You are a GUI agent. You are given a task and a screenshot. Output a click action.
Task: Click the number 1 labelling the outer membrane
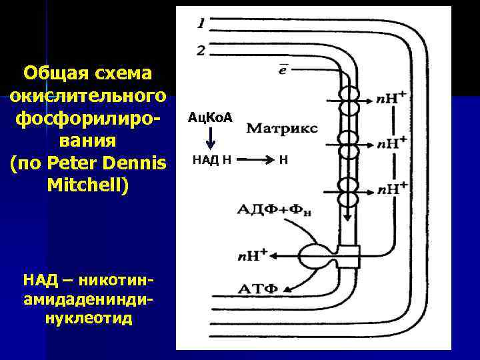pyautogui.click(x=201, y=25)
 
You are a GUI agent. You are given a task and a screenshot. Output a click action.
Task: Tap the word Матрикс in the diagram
pyautogui.click(x=282, y=127)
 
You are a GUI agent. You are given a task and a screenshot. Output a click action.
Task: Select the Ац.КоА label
pyautogui.click(x=210, y=117)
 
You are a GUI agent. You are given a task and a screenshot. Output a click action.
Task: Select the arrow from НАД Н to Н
pyautogui.click(x=253, y=160)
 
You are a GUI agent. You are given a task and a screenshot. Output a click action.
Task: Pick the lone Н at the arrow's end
pyautogui.click(x=283, y=160)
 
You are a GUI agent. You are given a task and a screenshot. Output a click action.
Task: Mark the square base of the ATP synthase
pyautogui.click(x=348, y=255)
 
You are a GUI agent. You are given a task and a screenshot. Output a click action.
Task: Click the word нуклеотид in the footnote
pyautogui.click(x=89, y=318)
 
